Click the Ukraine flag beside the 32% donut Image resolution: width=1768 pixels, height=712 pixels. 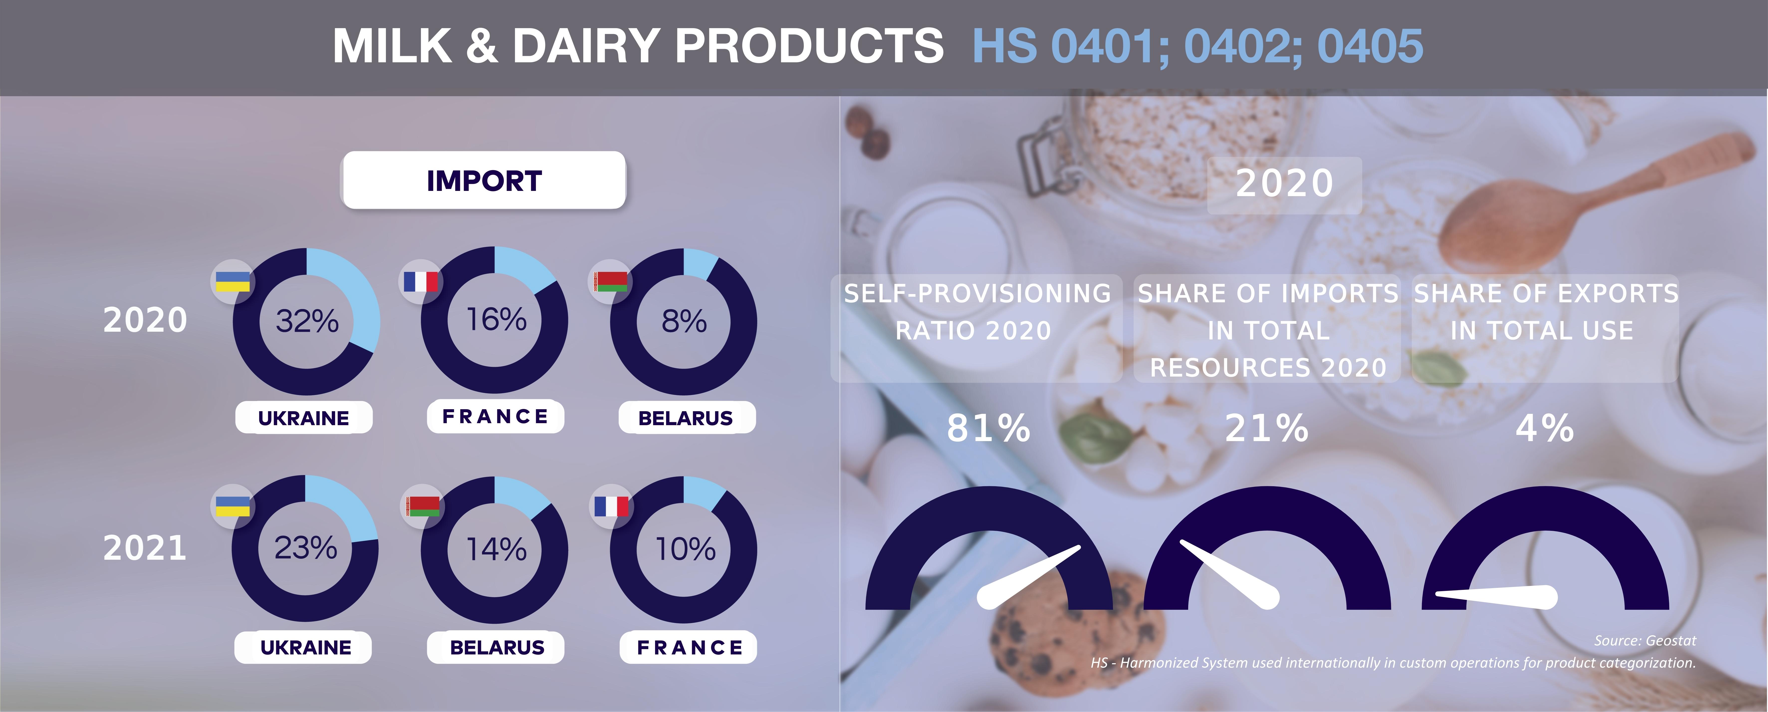pyautogui.click(x=233, y=281)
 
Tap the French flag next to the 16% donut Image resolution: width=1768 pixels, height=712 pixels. pyautogui.click(x=421, y=281)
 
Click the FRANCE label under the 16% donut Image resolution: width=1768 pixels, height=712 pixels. pyautogui.click(x=495, y=416)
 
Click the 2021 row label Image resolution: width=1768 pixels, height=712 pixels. pyautogui.click(x=145, y=548)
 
